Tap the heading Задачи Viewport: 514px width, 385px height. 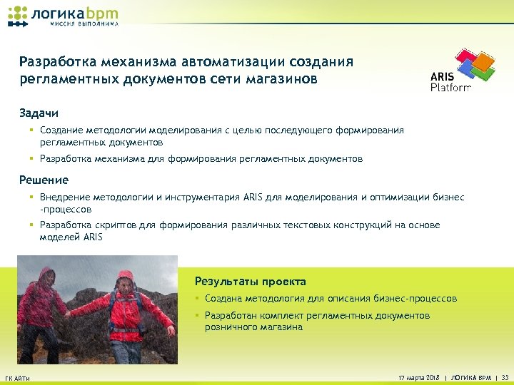pyautogui.click(x=39, y=113)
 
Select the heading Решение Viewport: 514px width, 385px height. pyautogui.click(x=44, y=180)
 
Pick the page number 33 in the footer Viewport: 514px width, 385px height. pyautogui.click(x=505, y=377)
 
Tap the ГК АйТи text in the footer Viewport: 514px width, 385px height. pyautogui.click(x=17, y=378)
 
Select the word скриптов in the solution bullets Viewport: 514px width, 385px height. pyautogui.click(x=114, y=225)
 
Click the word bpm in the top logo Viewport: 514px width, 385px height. pyautogui.click(x=102, y=12)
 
